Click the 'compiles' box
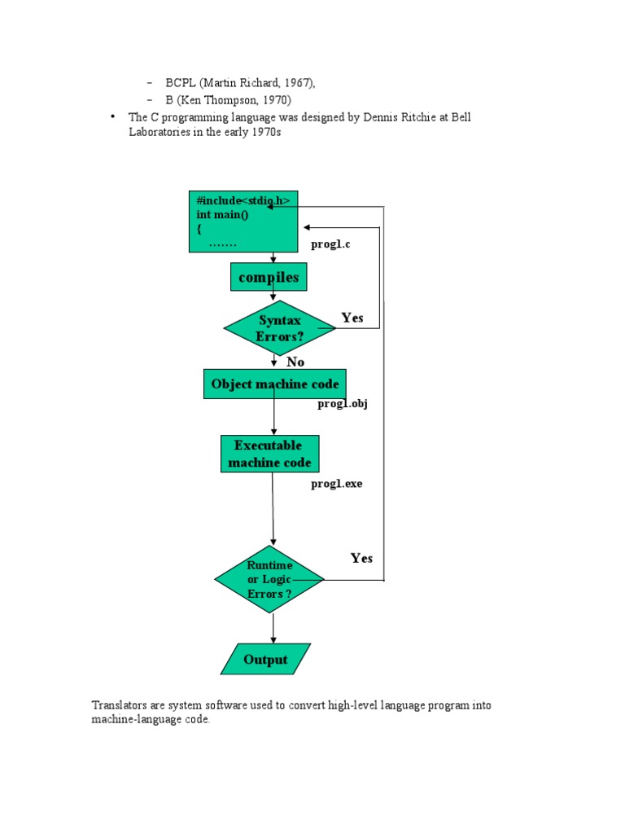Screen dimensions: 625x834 tap(269, 277)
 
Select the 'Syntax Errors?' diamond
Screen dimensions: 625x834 tap(280, 328)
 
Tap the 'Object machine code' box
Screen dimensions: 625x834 tap(275, 384)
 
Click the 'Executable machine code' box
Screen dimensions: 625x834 tap(270, 454)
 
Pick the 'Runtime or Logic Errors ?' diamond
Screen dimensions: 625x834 tap(269, 579)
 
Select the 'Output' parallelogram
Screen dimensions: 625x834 tap(266, 659)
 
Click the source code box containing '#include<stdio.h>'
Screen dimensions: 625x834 tap(243, 222)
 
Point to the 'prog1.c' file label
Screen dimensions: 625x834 tap(330, 244)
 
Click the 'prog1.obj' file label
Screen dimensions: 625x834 tap(343, 404)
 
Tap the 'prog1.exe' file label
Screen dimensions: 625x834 tap(337, 484)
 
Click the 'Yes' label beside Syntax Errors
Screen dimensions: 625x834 tap(352, 318)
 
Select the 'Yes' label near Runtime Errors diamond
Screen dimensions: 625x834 tap(361, 558)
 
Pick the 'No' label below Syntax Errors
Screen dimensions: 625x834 tap(295, 362)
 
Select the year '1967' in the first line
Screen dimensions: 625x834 tap(297, 83)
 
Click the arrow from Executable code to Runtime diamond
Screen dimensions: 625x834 tap(273, 508)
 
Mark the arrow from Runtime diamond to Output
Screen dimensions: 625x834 tap(273, 628)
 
